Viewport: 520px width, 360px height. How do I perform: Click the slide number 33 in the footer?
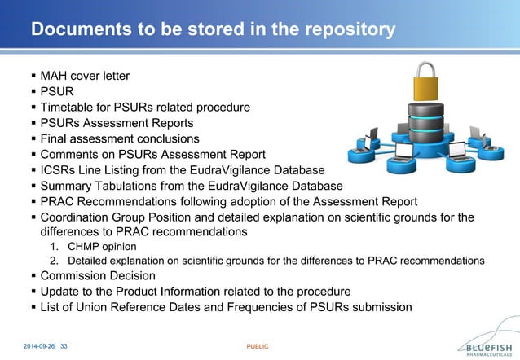64,346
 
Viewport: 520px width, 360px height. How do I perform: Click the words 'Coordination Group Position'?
121,217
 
